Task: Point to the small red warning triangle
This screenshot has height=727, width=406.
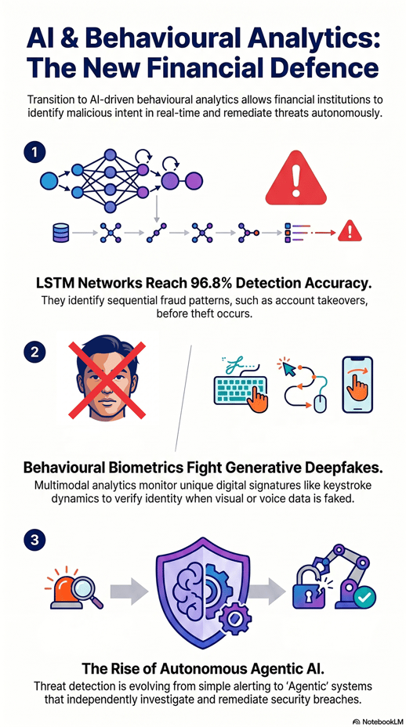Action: coord(350,231)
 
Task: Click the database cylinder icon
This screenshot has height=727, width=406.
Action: coord(61,233)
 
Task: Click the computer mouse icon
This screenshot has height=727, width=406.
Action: coord(320,403)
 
